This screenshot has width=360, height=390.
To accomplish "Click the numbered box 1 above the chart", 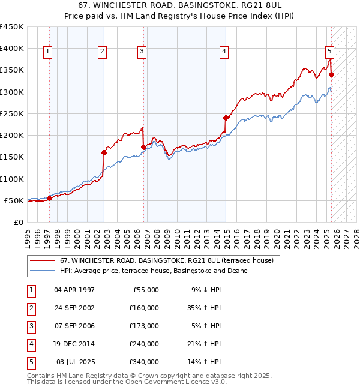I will click(x=47, y=52).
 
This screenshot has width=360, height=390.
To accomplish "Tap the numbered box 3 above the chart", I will click(x=142, y=52).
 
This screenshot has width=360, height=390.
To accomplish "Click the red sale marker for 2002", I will click(x=104, y=152).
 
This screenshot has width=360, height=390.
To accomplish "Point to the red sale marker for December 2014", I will click(x=226, y=118).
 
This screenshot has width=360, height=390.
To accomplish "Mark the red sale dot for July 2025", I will click(x=331, y=74).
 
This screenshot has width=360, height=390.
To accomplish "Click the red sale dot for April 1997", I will click(x=49, y=198).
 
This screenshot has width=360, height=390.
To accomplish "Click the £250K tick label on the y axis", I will click(x=12, y=113).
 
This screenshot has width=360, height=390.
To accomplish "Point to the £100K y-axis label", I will click(x=12, y=179).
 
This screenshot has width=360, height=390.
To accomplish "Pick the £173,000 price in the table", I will click(x=144, y=326).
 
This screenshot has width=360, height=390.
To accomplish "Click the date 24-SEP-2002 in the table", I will click(x=74, y=308).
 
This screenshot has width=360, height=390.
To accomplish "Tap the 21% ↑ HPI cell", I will click(x=205, y=344).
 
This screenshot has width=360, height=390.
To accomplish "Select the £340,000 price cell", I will click(x=144, y=362).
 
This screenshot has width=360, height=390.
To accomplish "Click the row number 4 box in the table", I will click(x=31, y=344).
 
